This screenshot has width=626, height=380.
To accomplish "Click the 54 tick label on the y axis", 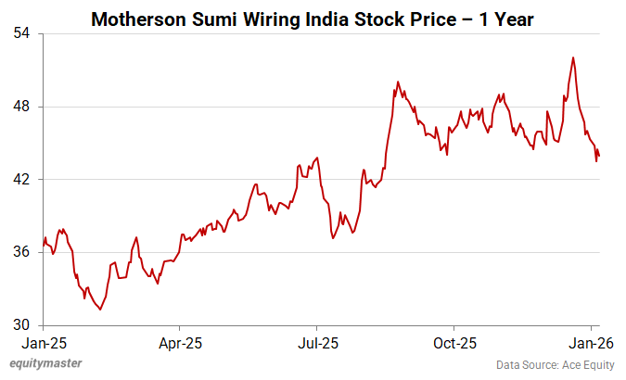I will (x=20, y=33).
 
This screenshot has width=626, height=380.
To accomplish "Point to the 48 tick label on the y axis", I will (x=20, y=107).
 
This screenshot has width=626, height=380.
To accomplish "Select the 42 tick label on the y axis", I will (x=20, y=179).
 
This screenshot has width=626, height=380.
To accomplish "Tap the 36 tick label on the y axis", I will (x=20, y=252).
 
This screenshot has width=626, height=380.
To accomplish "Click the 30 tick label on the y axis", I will (x=20, y=325).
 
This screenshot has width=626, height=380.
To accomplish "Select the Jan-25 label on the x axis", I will (x=43, y=342).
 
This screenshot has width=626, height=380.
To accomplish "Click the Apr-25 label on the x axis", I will (x=180, y=342).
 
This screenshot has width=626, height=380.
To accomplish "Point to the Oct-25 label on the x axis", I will (x=454, y=342).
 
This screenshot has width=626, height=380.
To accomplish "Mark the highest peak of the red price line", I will (x=573, y=57).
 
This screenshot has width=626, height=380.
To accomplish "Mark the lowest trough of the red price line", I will (x=100, y=310).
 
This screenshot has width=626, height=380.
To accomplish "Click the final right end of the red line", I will (x=599, y=157).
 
